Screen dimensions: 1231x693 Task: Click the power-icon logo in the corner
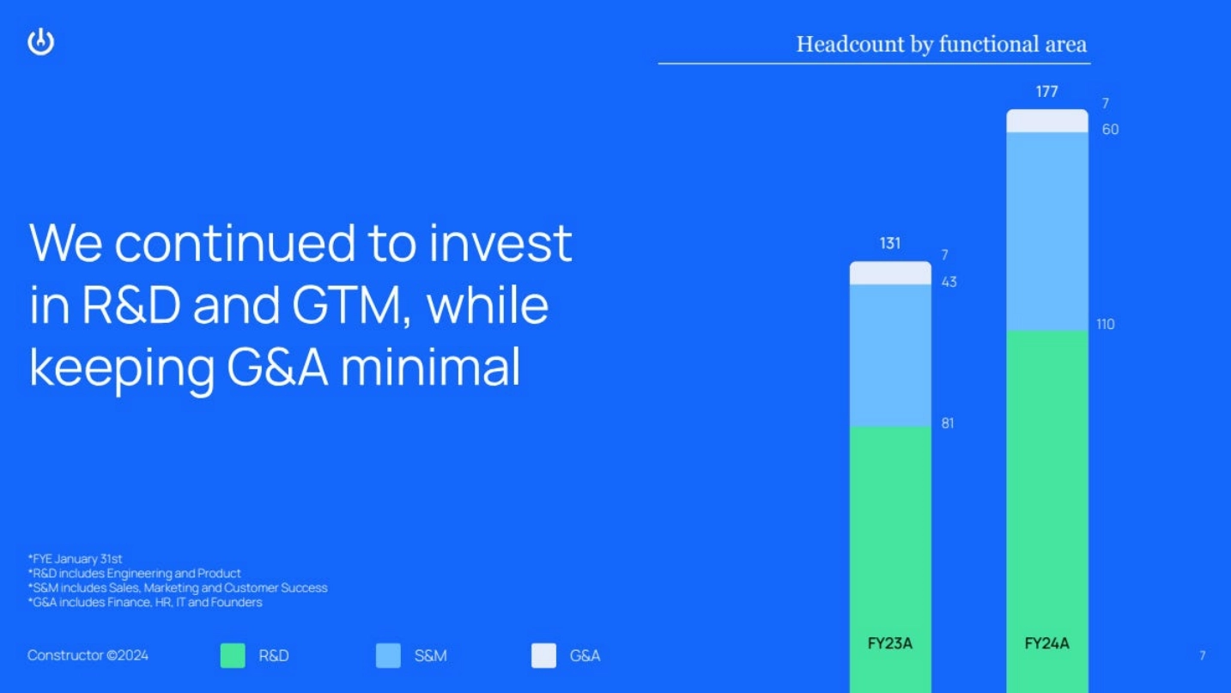tap(40, 42)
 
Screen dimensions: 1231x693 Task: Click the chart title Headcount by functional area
tap(942, 45)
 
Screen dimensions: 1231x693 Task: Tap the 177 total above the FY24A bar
tap(1047, 91)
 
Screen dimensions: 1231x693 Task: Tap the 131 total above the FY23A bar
tap(890, 243)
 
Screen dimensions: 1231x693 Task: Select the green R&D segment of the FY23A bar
tap(890, 559)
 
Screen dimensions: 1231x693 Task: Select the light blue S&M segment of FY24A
tap(1047, 231)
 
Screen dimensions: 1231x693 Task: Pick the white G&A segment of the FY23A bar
tap(890, 273)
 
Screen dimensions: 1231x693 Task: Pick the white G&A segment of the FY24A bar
tap(1047, 121)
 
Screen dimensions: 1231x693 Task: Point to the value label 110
tap(1105, 325)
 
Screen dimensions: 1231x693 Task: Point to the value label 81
tap(948, 423)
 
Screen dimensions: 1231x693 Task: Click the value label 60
tap(1110, 129)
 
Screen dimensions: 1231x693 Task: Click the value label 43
tap(949, 282)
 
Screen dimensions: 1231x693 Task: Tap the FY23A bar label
tap(890, 643)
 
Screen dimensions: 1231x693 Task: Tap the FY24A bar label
tap(1047, 643)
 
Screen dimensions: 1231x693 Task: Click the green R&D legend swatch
tap(233, 655)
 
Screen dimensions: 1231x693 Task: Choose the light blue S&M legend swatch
tap(388, 655)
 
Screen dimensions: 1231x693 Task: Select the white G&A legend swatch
tap(543, 655)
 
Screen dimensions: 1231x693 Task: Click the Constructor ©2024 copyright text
tap(88, 655)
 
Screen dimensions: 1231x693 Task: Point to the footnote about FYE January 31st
tap(76, 559)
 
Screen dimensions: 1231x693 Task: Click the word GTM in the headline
tap(350, 306)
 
